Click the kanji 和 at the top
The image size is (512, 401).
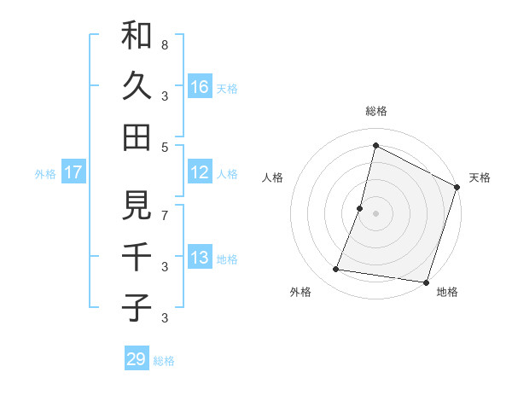coord(137,37)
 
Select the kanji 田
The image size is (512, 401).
coord(137,137)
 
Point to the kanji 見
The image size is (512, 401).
coord(137,206)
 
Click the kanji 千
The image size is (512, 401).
coord(137,256)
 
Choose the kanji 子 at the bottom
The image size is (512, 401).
coord(137,306)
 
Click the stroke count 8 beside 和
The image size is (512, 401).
coord(165,44)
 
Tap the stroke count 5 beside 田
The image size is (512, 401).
coord(165,147)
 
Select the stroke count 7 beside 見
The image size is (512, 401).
coord(165,216)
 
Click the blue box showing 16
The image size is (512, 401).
coord(200,86)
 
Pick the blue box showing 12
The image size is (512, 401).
coord(200,172)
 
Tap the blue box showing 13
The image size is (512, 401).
coord(200,258)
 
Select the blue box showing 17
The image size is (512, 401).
coord(73,172)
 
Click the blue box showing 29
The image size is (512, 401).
coord(137,359)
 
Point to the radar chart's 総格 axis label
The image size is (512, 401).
coord(375,112)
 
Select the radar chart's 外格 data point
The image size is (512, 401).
coord(336,270)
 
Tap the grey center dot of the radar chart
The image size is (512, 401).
coord(375,213)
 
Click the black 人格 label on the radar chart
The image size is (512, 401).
coord(272,177)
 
